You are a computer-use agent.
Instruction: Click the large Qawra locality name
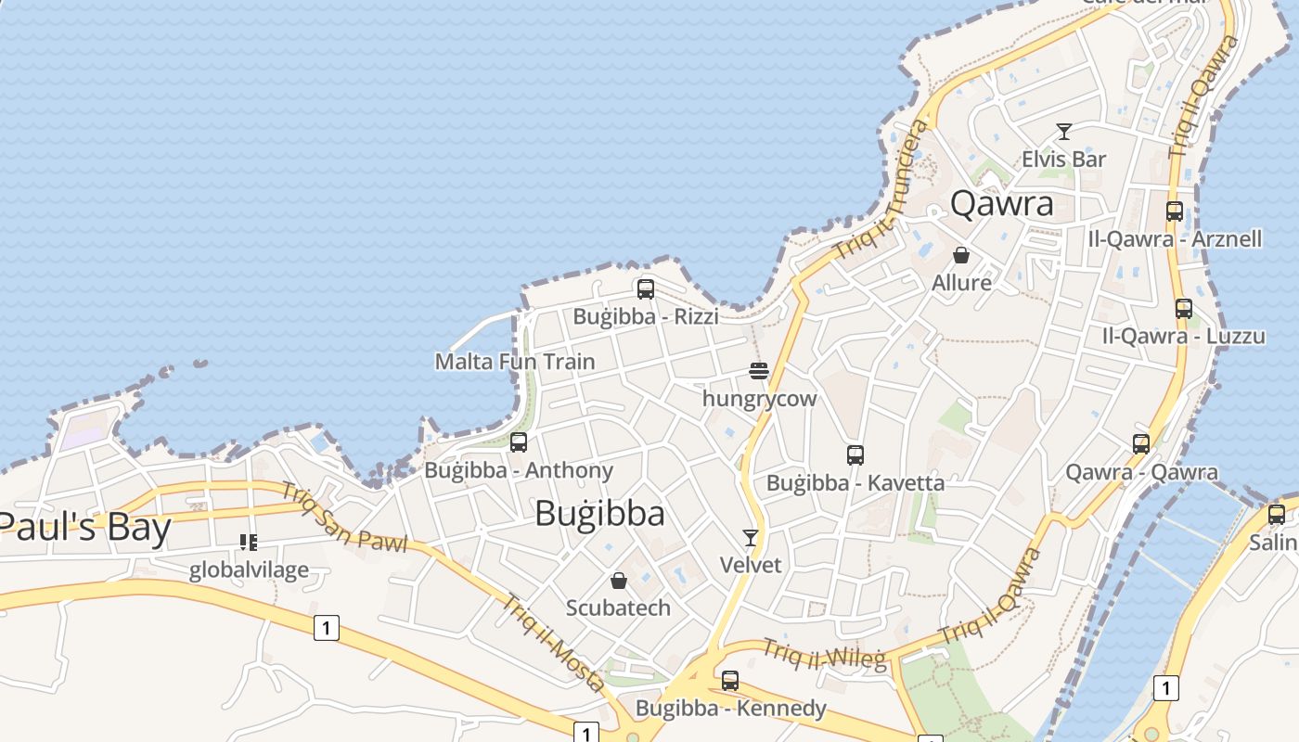coord(1002,203)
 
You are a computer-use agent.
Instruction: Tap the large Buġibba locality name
coord(599,513)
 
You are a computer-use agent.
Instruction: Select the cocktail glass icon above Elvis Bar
coord(1064,132)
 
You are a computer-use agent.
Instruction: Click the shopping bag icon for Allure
coord(961,255)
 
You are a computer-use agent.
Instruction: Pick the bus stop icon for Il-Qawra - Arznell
coord(1175,211)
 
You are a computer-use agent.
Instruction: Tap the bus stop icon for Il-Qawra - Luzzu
coord(1184,309)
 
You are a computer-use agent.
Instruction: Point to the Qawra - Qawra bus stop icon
coord(1141,444)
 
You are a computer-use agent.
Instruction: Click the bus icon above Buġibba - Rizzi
coord(646,289)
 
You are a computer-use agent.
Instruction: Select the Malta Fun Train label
coord(515,361)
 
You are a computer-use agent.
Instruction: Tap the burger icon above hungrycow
coord(759,372)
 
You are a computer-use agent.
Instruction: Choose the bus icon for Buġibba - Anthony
coord(519,442)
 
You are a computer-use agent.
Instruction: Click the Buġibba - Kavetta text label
coord(855,482)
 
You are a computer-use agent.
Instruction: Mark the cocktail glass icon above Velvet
coord(751,538)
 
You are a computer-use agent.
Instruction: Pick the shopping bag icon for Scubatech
coord(619,581)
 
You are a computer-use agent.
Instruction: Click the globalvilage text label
coord(249,569)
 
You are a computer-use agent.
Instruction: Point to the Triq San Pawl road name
coord(344,518)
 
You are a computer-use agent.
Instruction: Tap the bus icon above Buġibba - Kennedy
coord(730,681)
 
